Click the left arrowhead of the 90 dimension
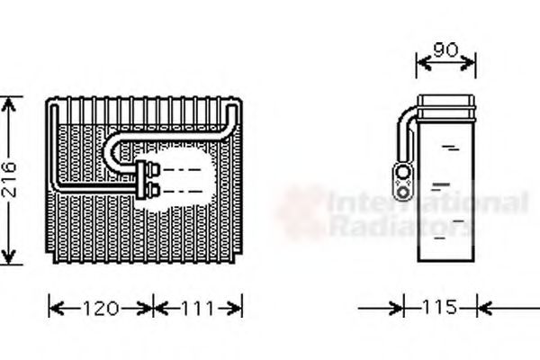tap(419, 62)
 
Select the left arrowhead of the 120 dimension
tap(52, 309)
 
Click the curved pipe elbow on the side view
tap(405, 117)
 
